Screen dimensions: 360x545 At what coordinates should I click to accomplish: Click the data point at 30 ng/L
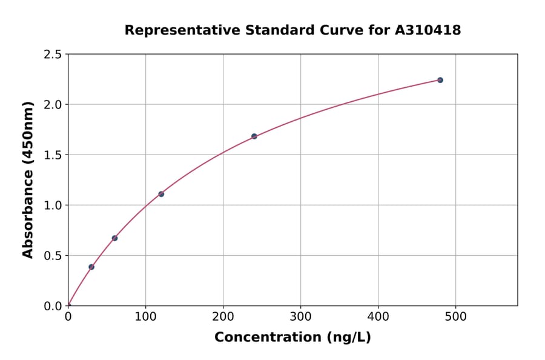tap(91, 267)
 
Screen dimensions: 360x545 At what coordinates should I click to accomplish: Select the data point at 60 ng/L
tap(114, 238)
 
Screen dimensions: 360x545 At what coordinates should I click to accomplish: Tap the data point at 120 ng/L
tap(161, 194)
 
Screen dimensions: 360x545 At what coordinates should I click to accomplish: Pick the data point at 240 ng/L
tap(254, 136)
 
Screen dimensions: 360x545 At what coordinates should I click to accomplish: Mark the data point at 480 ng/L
tap(440, 80)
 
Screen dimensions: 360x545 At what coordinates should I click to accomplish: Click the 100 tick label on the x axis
tap(145, 317)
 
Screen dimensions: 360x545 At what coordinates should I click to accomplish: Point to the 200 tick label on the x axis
tap(223, 317)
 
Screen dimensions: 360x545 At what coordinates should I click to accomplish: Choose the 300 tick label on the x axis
tap(300, 317)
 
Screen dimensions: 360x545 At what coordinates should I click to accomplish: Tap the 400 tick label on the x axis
tap(378, 317)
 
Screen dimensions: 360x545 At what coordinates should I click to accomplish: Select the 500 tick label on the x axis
tap(455, 317)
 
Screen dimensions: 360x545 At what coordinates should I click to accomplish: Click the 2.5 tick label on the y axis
tap(53, 55)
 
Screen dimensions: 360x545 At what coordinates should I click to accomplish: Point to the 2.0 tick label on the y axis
tap(53, 105)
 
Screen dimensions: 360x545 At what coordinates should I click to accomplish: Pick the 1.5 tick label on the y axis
tap(53, 155)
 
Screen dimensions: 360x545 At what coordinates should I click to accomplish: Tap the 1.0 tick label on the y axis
tap(53, 205)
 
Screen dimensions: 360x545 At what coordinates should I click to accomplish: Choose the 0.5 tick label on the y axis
tap(53, 256)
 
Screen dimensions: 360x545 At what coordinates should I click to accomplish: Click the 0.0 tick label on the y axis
tap(53, 306)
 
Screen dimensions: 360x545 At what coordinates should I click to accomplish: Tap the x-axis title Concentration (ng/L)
tap(292, 337)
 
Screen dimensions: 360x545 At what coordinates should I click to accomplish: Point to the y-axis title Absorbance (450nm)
tap(28, 180)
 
